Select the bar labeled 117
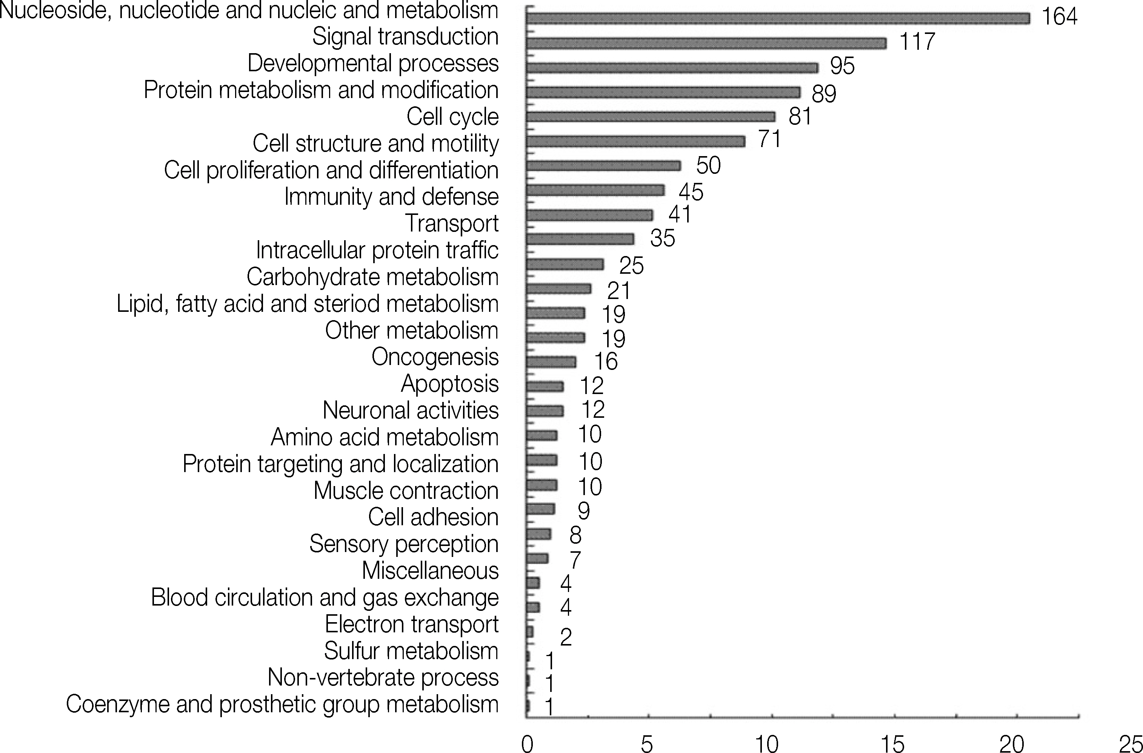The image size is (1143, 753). coord(706,43)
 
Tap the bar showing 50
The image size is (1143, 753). coord(603,166)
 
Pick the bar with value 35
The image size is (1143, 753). coord(580,239)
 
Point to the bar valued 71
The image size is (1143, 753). coord(635,141)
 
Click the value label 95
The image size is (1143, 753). coord(842,66)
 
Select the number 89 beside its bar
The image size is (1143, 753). coord(824,93)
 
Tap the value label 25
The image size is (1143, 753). coord(631,265)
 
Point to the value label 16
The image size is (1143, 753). coord(606,361)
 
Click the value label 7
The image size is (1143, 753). coord(575,560)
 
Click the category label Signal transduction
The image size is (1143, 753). coord(405,37)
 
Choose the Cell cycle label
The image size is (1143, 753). coord(452,117)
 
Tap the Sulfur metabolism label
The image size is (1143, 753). coord(411,651)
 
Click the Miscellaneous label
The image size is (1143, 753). coord(430,571)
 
